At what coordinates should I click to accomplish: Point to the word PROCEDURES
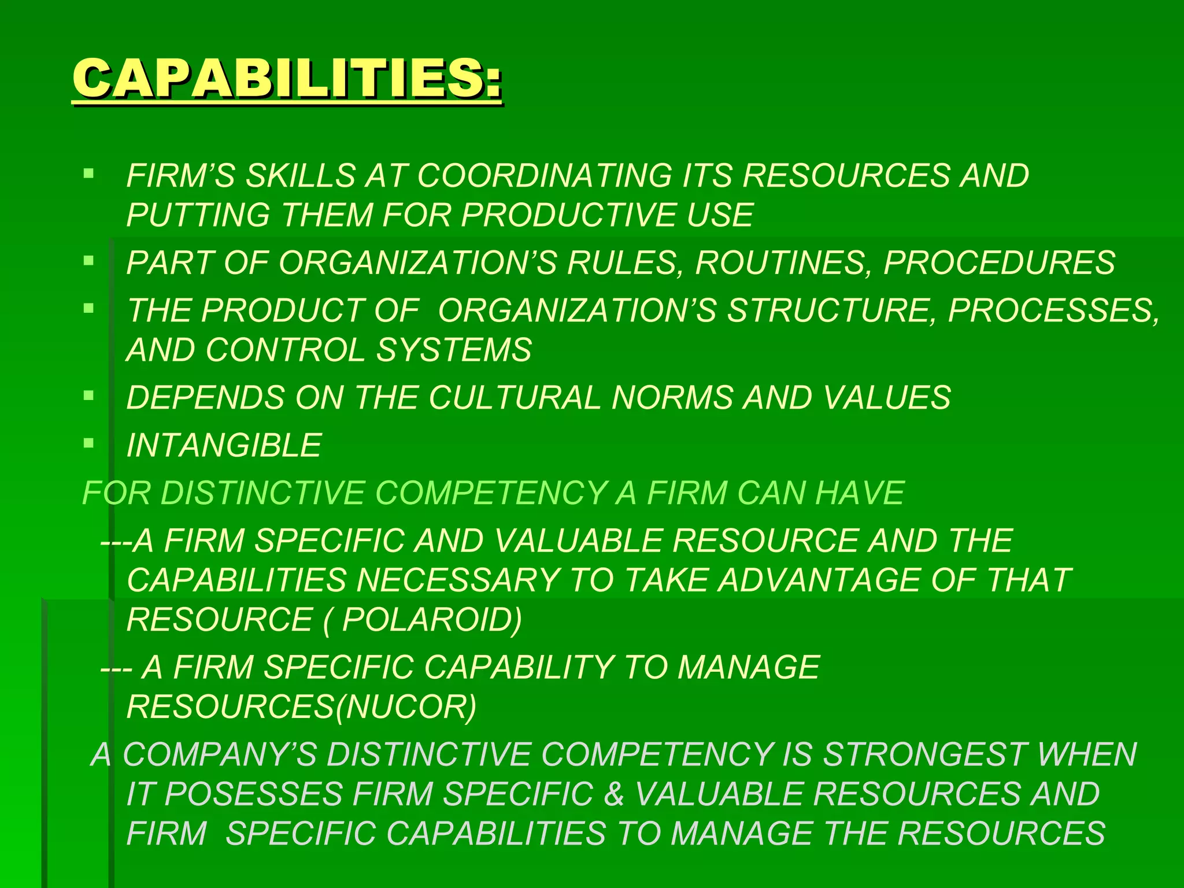[x=999, y=262]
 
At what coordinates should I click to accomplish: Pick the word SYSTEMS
[x=454, y=350]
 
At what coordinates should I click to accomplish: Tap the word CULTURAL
[x=515, y=398]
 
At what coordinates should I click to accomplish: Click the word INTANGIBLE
[x=224, y=445]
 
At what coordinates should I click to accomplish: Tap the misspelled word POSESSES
[x=254, y=794]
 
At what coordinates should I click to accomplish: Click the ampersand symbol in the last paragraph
[x=614, y=794]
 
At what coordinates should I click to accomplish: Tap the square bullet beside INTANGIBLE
[x=88, y=443]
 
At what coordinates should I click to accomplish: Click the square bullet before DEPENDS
[x=88, y=395]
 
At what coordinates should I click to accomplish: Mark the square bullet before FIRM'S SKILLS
[x=88, y=173]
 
